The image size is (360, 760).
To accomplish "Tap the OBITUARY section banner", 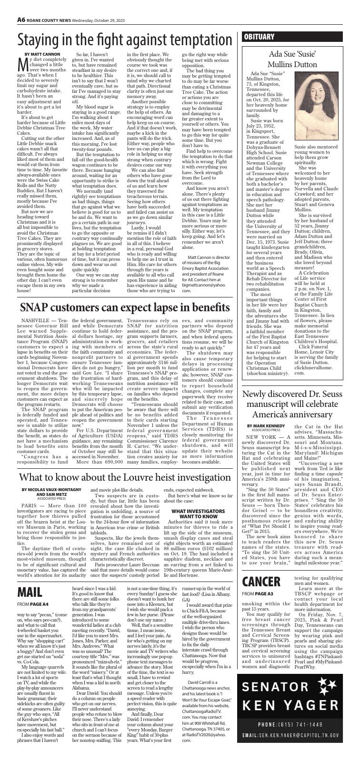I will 260,37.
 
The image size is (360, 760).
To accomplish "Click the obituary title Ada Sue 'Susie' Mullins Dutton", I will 292,58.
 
